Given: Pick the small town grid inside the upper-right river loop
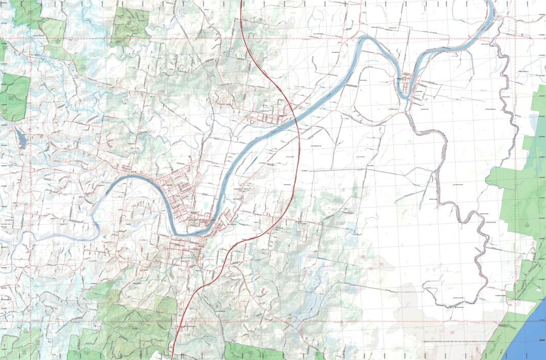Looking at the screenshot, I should click(409, 84).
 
